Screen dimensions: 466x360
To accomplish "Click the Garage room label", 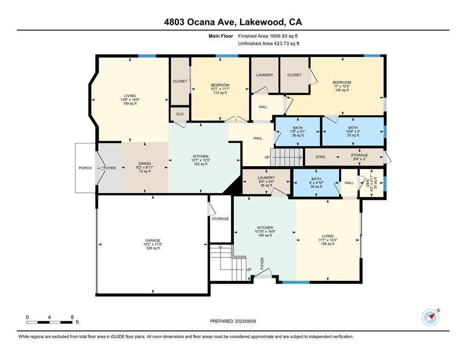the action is (x=153, y=244).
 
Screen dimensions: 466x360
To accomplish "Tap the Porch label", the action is (x=85, y=168).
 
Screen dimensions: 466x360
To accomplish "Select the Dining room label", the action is (x=145, y=167).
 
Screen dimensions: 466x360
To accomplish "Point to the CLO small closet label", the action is (x=180, y=114).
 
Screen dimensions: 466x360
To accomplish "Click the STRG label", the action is (x=320, y=157).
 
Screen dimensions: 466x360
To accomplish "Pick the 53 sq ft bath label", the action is (x=353, y=131).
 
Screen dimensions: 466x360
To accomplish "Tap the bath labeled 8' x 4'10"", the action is (x=316, y=183).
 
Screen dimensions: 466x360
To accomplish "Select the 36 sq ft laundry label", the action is (x=266, y=181).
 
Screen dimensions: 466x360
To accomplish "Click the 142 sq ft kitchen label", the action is (x=201, y=160).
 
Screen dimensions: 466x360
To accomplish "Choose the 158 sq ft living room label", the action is (x=327, y=240).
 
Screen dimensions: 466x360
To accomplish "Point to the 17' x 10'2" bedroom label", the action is (x=342, y=86).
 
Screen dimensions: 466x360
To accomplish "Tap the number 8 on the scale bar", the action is (x=72, y=317).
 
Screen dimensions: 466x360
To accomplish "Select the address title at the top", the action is (x=233, y=22).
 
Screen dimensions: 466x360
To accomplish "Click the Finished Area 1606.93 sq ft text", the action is (x=268, y=36).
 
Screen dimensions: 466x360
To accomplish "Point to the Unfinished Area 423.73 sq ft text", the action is (x=269, y=43).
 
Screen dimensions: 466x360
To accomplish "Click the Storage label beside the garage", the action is (x=220, y=219).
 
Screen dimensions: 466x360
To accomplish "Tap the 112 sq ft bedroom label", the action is (x=220, y=89).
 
